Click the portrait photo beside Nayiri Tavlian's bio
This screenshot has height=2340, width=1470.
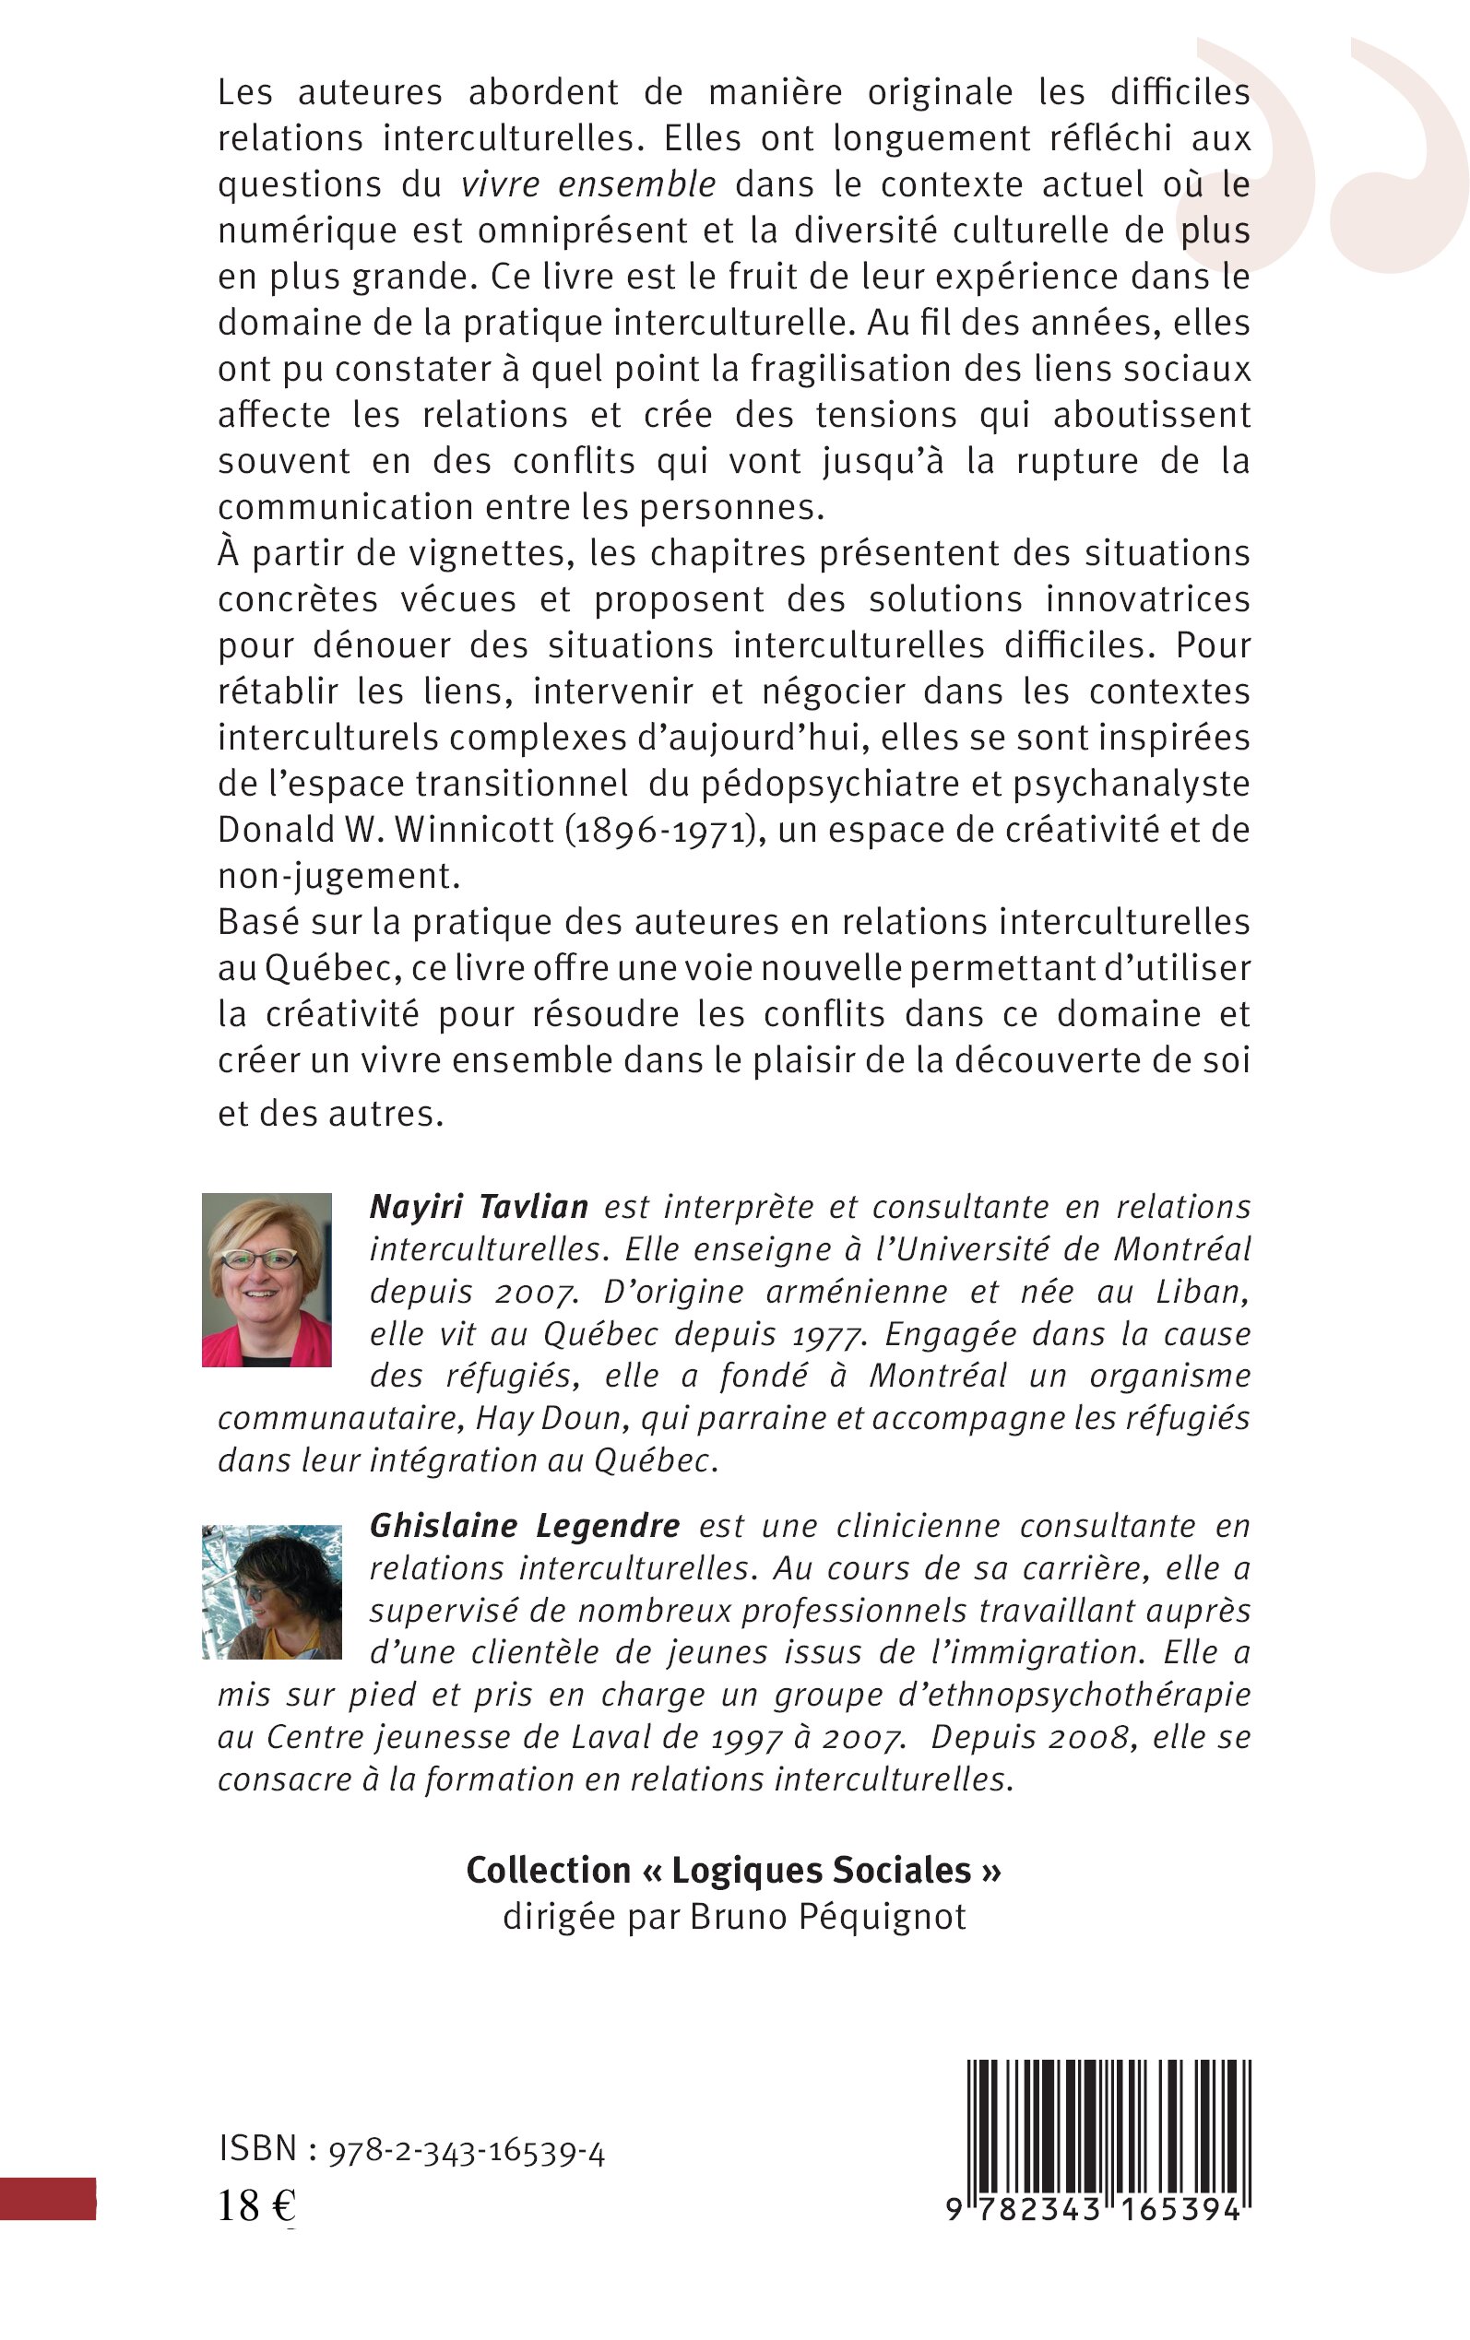point(267,1279)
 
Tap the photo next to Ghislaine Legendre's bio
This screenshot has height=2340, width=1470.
point(271,1590)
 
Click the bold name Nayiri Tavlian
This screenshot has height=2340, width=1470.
point(479,1207)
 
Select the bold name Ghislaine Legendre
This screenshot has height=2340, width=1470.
point(524,1526)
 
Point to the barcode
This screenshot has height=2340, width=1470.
point(1108,2124)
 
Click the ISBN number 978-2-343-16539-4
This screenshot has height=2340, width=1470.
point(467,2154)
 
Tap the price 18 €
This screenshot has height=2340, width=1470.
point(255,2207)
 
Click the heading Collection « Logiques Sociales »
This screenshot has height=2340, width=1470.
point(734,1871)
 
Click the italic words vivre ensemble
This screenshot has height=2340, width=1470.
point(588,184)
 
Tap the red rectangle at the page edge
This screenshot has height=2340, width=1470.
point(48,2199)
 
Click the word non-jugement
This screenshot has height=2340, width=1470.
point(338,877)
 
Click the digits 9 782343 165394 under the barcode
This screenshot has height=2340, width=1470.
point(1094,2211)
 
